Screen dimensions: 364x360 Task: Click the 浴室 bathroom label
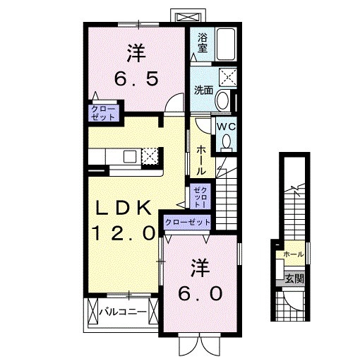tap(203, 42)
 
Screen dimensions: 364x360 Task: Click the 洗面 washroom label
tap(203, 90)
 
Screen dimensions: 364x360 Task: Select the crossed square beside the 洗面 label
tap(229, 77)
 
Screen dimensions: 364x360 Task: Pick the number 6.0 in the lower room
tap(198, 292)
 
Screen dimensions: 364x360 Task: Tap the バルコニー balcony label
tap(121, 311)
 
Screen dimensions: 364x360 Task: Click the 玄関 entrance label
tap(294, 278)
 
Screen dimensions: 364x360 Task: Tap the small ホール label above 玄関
tap(292, 254)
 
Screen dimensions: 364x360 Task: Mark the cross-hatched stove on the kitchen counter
tap(150, 156)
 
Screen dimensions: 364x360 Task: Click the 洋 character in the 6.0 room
tap(198, 266)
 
